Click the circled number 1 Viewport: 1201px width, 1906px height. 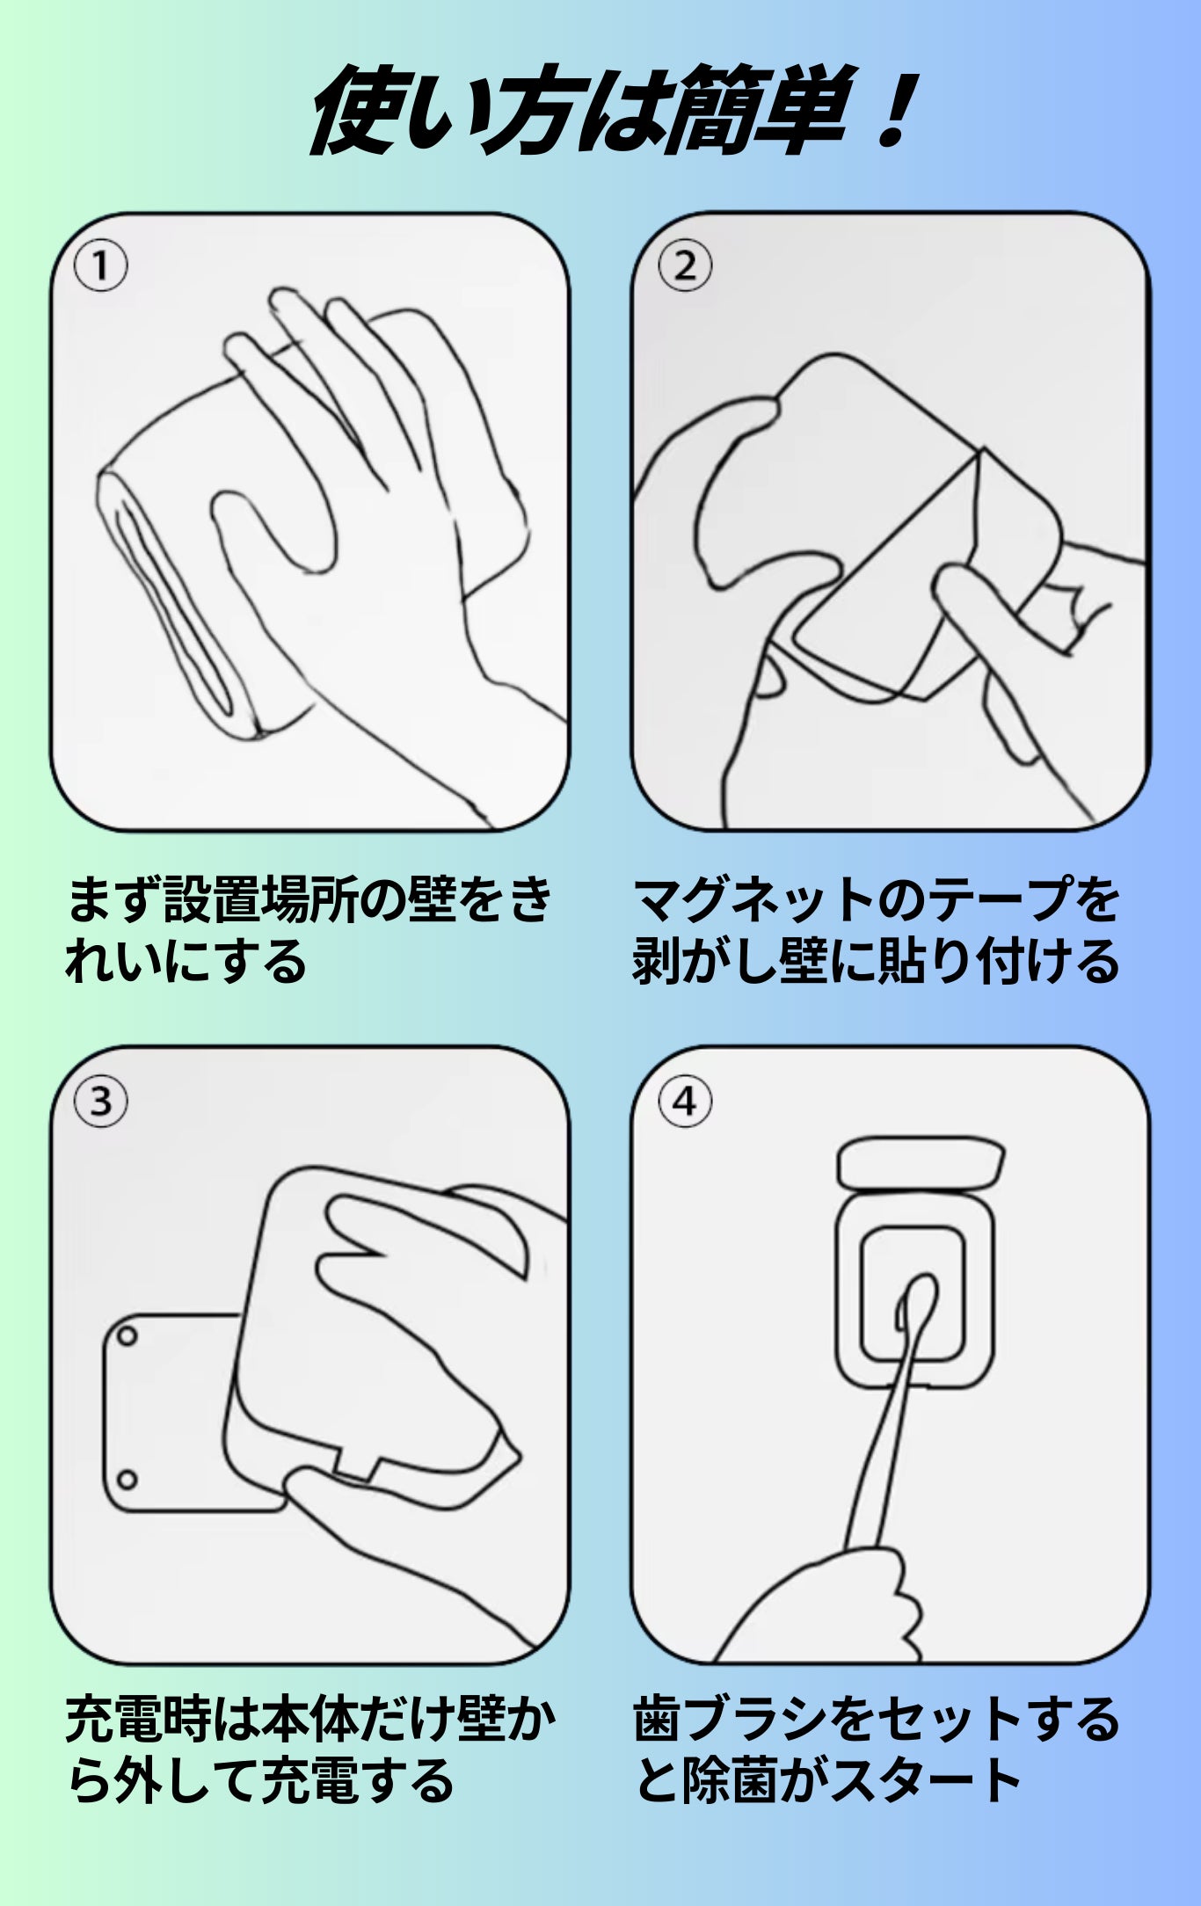(x=100, y=266)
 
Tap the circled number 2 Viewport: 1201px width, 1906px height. (x=686, y=266)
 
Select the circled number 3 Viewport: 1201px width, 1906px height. (x=100, y=1101)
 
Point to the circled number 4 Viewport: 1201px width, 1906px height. (x=686, y=1101)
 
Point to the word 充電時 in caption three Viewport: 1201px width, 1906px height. (x=139, y=1721)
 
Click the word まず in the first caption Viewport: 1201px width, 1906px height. (x=114, y=900)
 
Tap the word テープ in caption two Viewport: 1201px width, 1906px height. (x=997, y=900)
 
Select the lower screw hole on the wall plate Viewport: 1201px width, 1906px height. (x=127, y=1480)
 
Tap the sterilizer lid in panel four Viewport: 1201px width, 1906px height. (x=921, y=1162)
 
